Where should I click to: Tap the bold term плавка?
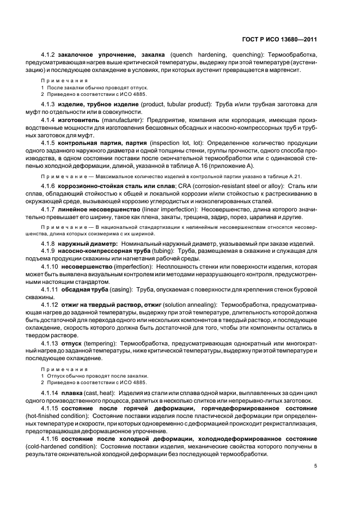click(x=72, y=392)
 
